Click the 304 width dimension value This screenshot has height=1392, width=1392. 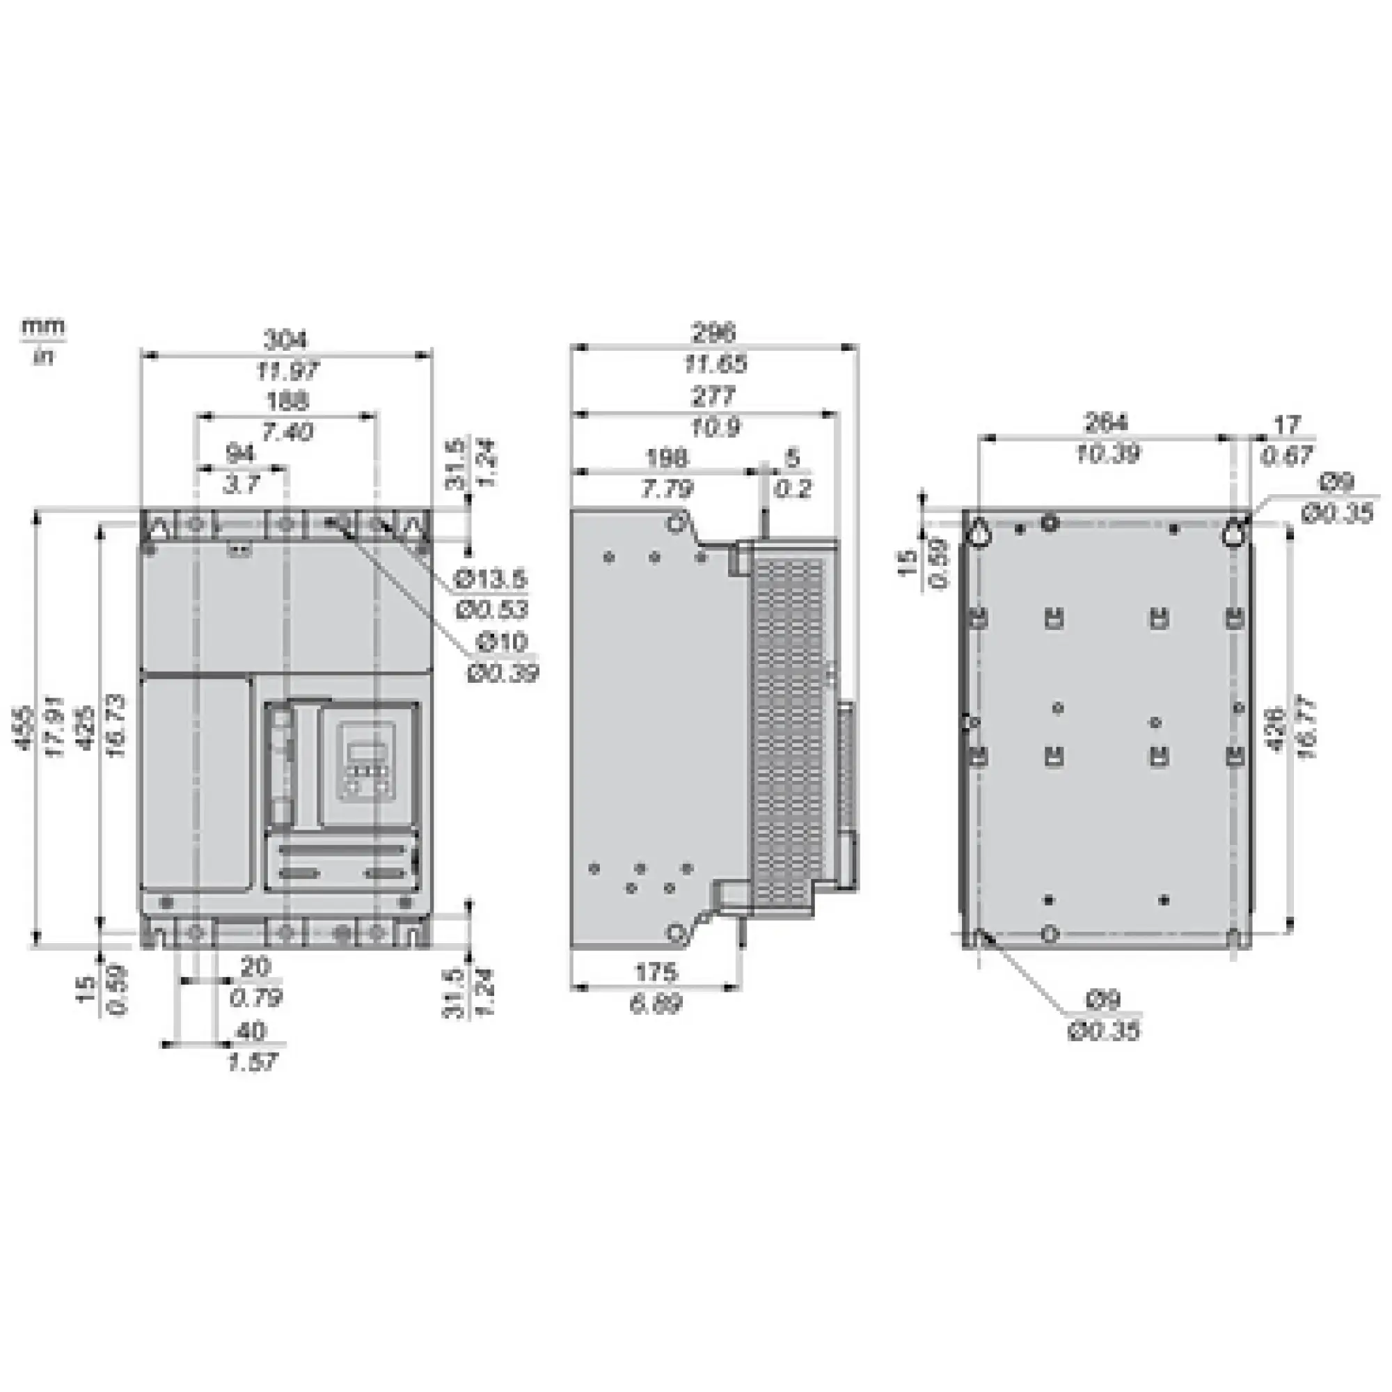coord(286,339)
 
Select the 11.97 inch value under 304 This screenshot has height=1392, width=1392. coord(286,372)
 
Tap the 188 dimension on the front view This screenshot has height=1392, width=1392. coord(287,401)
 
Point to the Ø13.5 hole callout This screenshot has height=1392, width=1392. coord(492,578)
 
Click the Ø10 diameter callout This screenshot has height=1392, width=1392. coord(503,641)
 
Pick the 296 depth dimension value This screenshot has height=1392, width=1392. coord(714,333)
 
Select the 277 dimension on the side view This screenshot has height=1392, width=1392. coord(714,396)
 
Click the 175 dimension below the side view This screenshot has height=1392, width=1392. coord(656,973)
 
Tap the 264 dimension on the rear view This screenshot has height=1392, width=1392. coord(1106,423)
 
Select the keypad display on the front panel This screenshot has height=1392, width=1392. coord(365,750)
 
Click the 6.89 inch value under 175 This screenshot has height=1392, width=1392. coord(656,1004)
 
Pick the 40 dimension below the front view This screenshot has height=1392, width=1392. coord(251,1031)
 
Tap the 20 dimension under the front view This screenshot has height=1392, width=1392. coord(255,967)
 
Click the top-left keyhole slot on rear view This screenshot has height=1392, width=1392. coord(980,532)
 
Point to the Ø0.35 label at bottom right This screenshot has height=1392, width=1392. coord(1104,1031)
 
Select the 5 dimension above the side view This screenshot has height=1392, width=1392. coord(793,457)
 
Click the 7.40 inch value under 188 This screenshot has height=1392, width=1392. coord(287,432)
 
